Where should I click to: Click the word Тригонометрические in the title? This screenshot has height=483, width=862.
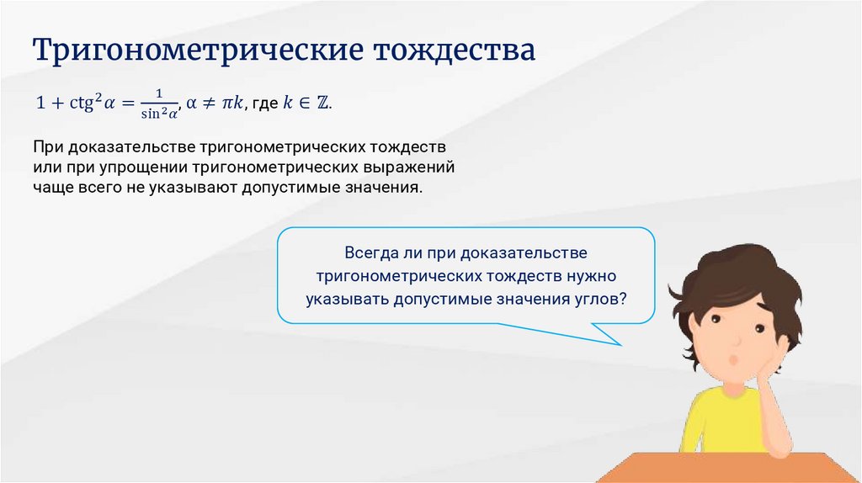click(x=198, y=50)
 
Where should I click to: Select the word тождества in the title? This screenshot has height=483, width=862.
click(x=455, y=50)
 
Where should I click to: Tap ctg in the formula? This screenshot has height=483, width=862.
click(x=82, y=103)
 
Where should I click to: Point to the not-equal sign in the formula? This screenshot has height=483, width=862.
click(x=208, y=103)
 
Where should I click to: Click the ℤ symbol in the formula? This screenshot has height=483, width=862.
click(x=322, y=103)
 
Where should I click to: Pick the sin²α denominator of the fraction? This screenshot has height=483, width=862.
click(x=159, y=114)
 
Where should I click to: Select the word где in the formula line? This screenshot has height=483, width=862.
click(x=265, y=103)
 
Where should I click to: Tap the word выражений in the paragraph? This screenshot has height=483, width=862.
click(x=408, y=167)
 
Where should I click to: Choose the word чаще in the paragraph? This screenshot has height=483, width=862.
click(x=53, y=188)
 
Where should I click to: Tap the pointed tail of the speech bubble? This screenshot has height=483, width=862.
click(x=620, y=345)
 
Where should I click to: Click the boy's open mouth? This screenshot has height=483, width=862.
click(x=733, y=360)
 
